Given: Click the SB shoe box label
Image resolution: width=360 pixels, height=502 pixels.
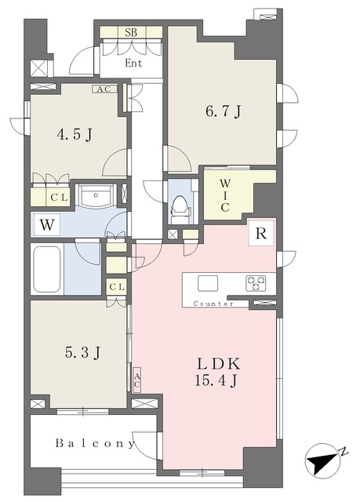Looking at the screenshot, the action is pyautogui.click(x=131, y=32).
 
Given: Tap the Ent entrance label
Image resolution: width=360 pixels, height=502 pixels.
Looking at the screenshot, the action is pyautogui.click(x=133, y=63).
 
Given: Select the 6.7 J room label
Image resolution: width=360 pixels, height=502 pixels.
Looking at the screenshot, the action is pyautogui.click(x=223, y=111).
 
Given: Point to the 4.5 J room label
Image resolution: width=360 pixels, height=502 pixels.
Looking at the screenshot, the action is pyautogui.click(x=75, y=134).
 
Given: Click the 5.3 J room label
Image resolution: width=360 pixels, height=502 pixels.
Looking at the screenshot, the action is pyautogui.click(x=83, y=352).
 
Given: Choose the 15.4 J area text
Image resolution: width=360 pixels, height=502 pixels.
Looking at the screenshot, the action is pyautogui.click(x=216, y=380).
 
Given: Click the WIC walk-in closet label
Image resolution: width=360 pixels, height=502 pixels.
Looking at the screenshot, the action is pyautogui.click(x=224, y=195).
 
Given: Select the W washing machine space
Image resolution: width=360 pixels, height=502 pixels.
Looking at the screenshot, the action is pyautogui.click(x=47, y=225).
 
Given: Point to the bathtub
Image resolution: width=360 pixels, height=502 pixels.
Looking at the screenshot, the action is pyautogui.click(x=47, y=268).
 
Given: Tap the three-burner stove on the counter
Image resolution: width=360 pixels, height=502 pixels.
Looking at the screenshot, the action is pyautogui.click(x=256, y=283).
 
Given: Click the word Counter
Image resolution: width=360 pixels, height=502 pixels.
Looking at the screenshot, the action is pyautogui.click(x=213, y=304).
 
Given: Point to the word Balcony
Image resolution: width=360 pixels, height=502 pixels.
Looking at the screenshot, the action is pyautogui.click(x=94, y=443).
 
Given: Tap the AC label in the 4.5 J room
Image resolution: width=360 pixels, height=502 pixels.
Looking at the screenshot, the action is pyautogui.click(x=104, y=89).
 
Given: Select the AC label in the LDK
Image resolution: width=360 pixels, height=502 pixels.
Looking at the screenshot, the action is pyautogui.click(x=136, y=380).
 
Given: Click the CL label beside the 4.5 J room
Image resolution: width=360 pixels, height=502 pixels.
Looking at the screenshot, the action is pyautogui.click(x=60, y=198).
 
